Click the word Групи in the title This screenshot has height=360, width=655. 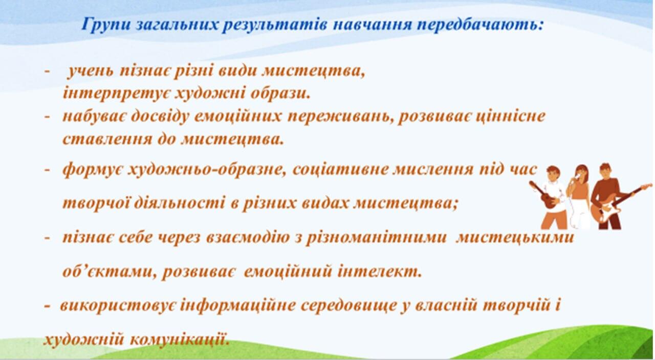106,24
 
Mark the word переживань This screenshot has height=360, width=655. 340,116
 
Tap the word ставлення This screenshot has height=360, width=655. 107,139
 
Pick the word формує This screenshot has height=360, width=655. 93,170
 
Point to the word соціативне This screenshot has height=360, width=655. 339,170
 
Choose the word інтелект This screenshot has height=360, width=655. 380,271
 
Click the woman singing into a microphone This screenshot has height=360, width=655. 579,197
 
